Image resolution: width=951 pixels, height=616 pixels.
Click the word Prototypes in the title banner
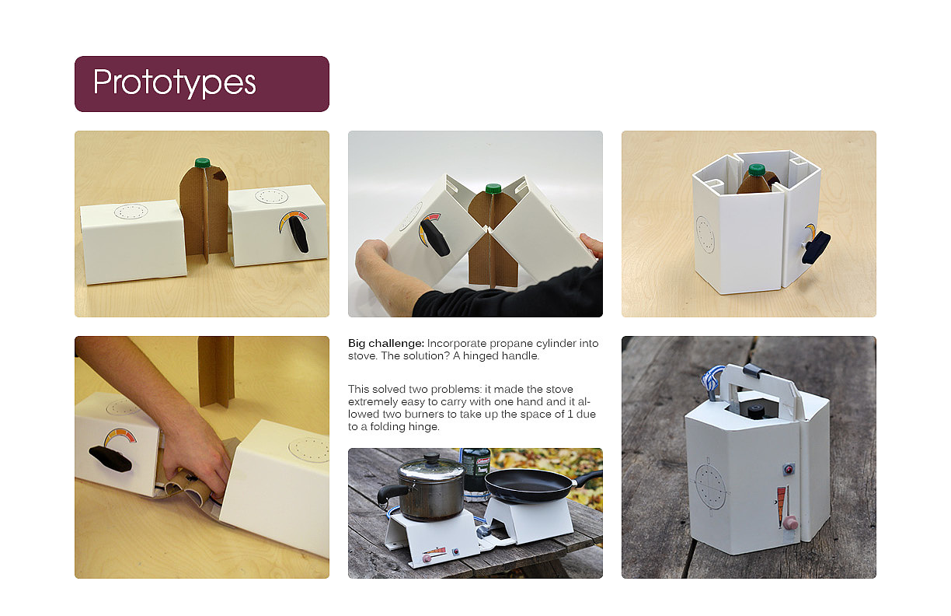[175, 82]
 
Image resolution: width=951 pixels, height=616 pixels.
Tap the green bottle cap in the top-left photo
[203, 163]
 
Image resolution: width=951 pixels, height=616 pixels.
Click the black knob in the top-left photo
[299, 234]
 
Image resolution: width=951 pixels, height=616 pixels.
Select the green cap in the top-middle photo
[493, 188]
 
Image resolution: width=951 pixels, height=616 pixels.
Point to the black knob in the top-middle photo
[434, 238]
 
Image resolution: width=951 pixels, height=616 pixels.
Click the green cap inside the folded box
[757, 170]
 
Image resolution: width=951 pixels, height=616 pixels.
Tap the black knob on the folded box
[816, 247]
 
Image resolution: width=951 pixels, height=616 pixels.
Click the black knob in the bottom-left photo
[110, 459]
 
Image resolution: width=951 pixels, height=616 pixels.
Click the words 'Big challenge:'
[386, 343]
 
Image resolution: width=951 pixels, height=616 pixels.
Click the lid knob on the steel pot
[431, 458]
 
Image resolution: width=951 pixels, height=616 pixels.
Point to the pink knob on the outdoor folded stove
[790, 523]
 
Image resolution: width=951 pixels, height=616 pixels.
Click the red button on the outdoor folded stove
[789, 470]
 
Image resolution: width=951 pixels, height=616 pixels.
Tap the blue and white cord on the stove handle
[710, 380]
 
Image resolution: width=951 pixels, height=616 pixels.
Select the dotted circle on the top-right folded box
[705, 235]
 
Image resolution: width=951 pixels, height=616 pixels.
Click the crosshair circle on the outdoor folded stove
[709, 486]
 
